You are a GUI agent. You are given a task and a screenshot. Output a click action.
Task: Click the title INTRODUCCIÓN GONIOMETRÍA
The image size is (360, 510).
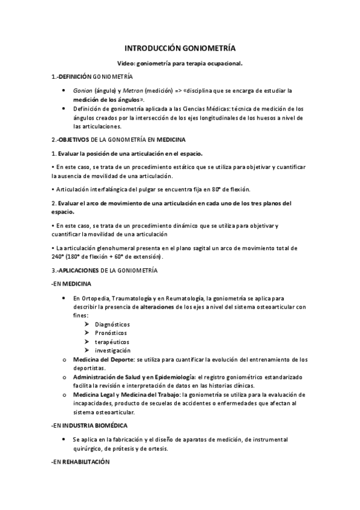(180, 48)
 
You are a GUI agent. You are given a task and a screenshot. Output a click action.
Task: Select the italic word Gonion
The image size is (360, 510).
(82, 91)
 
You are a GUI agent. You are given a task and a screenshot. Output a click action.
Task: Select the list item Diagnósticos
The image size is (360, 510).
(112, 324)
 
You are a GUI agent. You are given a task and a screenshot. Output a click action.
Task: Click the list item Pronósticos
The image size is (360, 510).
(111, 333)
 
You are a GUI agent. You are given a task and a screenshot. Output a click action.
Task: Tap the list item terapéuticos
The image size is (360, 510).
(111, 342)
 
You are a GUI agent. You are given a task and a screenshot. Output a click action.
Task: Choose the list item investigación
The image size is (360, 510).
(112, 351)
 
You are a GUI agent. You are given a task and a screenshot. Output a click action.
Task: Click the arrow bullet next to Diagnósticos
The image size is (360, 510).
(88, 324)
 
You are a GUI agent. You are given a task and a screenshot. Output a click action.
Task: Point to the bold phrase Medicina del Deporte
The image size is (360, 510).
(103, 360)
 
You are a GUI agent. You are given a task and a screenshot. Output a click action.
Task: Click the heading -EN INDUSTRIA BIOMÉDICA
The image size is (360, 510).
(89, 425)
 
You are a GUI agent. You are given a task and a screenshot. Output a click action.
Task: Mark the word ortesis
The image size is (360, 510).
(157, 449)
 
